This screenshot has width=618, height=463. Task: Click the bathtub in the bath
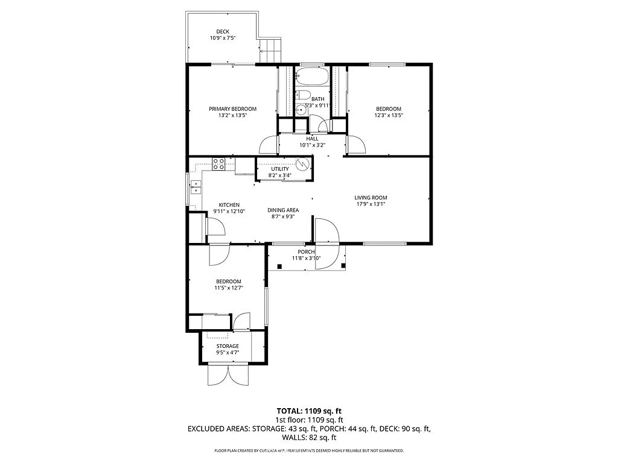tap(312, 77)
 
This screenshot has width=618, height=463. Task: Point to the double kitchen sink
tap(196, 187)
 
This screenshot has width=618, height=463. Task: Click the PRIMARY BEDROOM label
tap(232, 109)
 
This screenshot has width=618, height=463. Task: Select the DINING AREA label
tap(283, 210)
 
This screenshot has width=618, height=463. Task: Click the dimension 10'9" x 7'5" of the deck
tap(223, 39)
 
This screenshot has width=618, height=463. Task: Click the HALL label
tap(312, 139)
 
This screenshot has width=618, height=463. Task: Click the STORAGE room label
tap(228, 346)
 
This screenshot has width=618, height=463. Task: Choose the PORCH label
tap(306, 252)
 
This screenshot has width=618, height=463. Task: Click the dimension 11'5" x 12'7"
tap(229, 288)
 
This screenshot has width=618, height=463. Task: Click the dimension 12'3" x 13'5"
tap(389, 115)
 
